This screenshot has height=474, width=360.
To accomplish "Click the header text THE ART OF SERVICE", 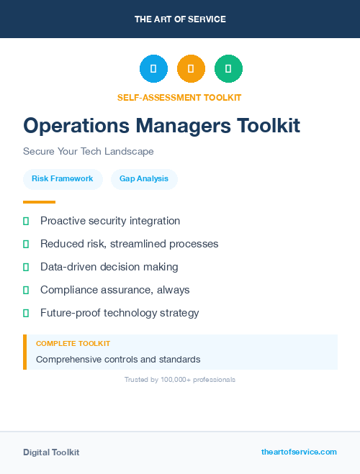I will pos(180,19).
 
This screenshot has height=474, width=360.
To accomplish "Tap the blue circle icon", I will pos(153,68).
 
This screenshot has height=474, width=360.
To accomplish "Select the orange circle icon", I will pos(191,68).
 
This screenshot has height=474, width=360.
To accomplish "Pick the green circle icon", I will pos(228,68).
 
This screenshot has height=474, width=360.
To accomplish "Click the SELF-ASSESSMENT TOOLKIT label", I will pos(179,97).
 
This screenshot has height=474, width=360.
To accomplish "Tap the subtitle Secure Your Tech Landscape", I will pos(89,152).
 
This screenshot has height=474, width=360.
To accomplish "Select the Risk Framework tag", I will pos(63,179).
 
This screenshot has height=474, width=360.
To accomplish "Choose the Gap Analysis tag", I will pos(144,179).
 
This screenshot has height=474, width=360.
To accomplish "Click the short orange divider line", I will pos(39,202).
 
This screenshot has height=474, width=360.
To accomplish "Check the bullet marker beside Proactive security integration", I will pos(26,221).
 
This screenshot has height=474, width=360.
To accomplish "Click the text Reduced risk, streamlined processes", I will pos(130,244).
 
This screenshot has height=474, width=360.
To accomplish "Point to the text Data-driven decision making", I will pos(109,267).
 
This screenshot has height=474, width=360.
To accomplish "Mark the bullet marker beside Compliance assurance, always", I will pos(26,290).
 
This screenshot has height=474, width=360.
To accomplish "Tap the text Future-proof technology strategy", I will pos(120,313).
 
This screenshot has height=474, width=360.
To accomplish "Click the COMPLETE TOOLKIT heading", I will pos(73,344).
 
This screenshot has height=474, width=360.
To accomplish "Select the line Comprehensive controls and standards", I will pos(118,359).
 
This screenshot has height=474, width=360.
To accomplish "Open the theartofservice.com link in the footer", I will pos(299,452).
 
